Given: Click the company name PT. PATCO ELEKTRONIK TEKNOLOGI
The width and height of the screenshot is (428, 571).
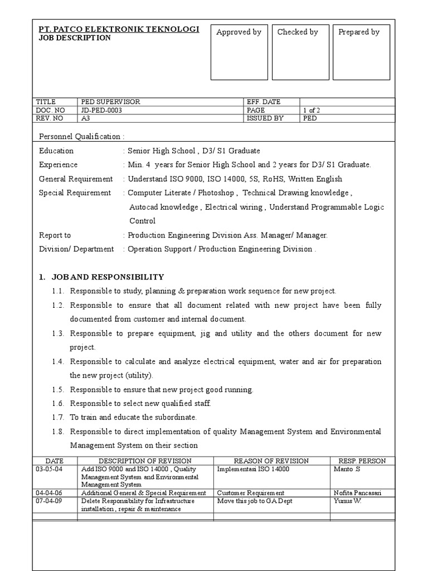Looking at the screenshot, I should click(119, 29).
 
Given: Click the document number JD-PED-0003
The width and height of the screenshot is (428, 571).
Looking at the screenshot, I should click(101, 110).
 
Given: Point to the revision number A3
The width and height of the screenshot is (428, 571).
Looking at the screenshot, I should click(86, 118).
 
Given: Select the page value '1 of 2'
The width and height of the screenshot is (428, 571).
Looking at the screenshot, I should click(312, 110).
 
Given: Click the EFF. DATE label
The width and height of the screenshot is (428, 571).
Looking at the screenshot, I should click(264, 102).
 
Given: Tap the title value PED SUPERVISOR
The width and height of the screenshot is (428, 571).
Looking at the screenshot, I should click(111, 102).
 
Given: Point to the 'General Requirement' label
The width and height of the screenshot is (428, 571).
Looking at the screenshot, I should click(76, 179).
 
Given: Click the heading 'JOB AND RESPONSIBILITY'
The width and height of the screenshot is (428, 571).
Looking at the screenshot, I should click(108, 277).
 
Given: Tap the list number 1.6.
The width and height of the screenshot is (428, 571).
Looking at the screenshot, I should click(59, 403).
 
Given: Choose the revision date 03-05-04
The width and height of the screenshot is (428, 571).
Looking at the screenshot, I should click(46, 469).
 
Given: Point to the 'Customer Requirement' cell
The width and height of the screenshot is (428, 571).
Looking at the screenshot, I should click(251, 493).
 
